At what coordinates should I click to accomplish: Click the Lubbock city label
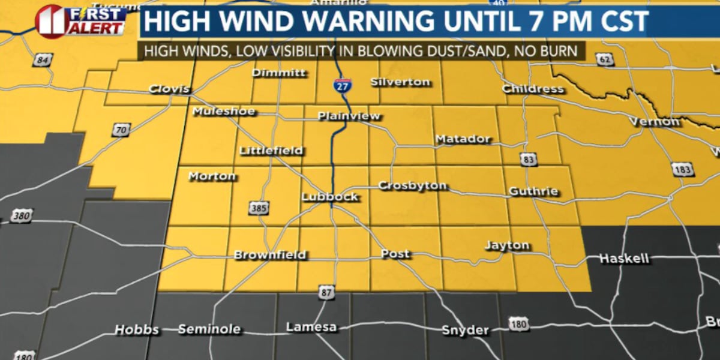[x=329, y=197]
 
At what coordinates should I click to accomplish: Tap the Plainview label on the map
[x=349, y=116]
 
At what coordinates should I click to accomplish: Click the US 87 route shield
[x=326, y=292]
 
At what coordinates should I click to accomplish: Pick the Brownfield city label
[x=270, y=255]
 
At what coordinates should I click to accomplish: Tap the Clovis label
[x=169, y=90]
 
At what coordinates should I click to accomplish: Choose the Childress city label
[x=533, y=89]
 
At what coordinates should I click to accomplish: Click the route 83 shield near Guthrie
[x=527, y=160]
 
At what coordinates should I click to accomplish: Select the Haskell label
[x=625, y=259]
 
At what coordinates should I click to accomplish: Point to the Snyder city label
[x=465, y=330]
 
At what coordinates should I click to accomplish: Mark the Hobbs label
[x=136, y=330]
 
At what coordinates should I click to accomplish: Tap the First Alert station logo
[x=81, y=21]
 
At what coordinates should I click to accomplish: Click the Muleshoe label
[x=223, y=112]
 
